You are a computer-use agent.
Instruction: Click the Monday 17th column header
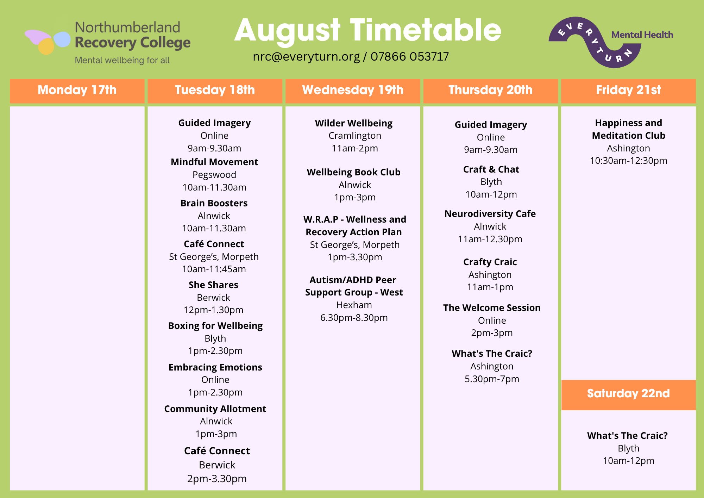click(77, 90)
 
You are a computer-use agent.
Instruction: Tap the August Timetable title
click(368, 31)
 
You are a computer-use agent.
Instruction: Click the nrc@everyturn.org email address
click(306, 57)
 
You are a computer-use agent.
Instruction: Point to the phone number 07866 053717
click(410, 56)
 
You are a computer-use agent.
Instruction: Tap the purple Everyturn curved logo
click(595, 42)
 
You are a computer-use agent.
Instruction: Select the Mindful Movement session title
click(214, 162)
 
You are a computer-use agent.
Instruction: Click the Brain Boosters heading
click(214, 203)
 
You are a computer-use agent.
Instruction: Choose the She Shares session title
click(213, 285)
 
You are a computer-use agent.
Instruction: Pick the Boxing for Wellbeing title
click(215, 326)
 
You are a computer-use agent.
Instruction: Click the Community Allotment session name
click(215, 409)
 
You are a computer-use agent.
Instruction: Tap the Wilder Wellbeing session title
click(354, 124)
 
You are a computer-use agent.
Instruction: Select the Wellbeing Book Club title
click(354, 173)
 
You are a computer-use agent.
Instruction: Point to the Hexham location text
click(354, 305)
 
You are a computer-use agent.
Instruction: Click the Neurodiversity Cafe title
click(490, 214)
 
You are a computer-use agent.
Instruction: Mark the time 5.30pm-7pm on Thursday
click(492, 379)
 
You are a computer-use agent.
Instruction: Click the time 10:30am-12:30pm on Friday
click(629, 161)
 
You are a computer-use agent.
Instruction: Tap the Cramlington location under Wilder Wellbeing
click(355, 136)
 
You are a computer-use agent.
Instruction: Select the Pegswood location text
click(214, 175)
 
